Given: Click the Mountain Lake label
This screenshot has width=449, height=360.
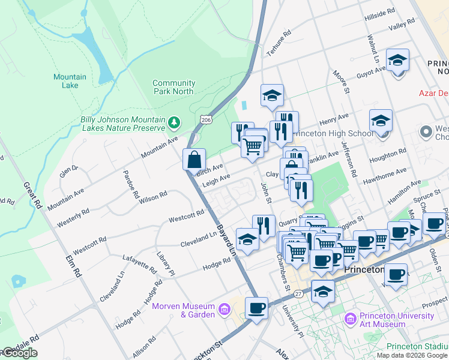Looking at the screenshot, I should click(x=70, y=81).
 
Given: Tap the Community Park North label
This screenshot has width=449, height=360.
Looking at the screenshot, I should click(x=173, y=87).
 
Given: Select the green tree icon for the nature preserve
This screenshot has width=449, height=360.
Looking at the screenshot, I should click(x=174, y=122).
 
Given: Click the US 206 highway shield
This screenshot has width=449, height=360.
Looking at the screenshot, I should click(x=206, y=120).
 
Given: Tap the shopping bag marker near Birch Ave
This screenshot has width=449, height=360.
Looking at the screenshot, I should click(x=194, y=160).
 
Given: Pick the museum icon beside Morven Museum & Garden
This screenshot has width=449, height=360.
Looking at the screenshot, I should click(x=224, y=310).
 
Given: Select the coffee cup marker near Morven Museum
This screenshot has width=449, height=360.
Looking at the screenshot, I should click(x=256, y=308).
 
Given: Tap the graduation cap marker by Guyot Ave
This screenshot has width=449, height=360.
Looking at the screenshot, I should click(x=397, y=61).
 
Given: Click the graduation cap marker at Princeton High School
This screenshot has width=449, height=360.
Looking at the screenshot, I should click(x=381, y=121).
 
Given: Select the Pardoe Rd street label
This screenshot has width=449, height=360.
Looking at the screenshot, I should click(x=131, y=185).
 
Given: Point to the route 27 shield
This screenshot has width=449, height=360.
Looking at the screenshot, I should click(x=298, y=293).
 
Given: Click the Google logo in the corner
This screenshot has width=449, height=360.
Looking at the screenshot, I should click(x=20, y=353).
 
